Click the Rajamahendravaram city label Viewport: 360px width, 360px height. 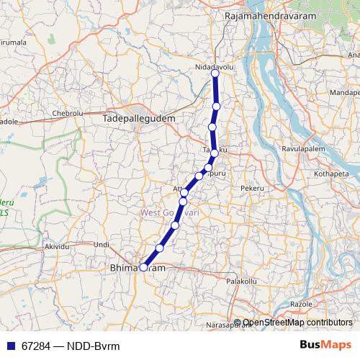click(264, 14)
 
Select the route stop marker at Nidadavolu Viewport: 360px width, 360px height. click(215, 73)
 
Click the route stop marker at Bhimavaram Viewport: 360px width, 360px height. click(143, 267)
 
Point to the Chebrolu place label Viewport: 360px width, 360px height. click(68, 114)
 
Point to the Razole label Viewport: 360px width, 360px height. click(301, 305)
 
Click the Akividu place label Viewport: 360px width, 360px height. click(60, 246)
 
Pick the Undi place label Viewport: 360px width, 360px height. click(102, 245)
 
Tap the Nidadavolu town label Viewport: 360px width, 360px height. click(215, 66)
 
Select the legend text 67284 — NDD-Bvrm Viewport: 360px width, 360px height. click(70, 345)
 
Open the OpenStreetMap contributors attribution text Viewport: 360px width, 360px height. click(297, 323)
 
